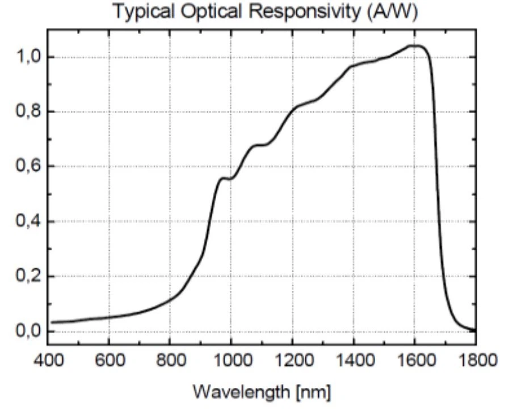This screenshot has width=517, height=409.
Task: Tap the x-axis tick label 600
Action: pyautogui.click(x=108, y=360)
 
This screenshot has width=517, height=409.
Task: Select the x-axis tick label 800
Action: pyautogui.click(x=169, y=360)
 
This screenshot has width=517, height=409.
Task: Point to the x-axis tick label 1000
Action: pyautogui.click(x=230, y=360)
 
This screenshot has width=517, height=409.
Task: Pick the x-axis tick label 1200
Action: pyautogui.click(x=292, y=360)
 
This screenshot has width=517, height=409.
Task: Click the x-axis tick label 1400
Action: pyautogui.click(x=353, y=360)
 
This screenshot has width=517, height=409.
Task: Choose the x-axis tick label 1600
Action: pyautogui.click(x=414, y=360)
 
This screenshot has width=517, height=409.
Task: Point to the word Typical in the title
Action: pyautogui.click(x=140, y=12)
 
